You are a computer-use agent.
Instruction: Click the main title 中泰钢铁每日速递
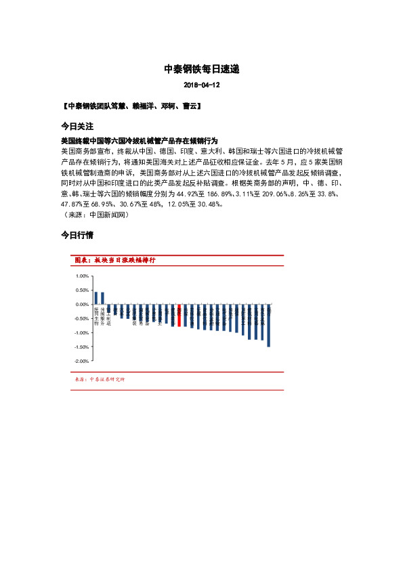click(x=201, y=69)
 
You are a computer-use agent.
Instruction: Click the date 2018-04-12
click(x=201, y=86)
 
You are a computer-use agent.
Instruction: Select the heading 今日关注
click(x=77, y=127)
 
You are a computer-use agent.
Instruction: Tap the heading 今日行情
click(x=77, y=236)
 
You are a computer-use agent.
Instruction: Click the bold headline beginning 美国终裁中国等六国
click(x=139, y=140)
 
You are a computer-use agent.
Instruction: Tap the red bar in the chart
click(x=179, y=315)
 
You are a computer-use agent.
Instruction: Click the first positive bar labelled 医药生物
click(x=96, y=298)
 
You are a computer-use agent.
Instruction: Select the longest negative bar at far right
click(x=268, y=326)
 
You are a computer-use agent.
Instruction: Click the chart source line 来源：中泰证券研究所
click(x=99, y=379)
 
